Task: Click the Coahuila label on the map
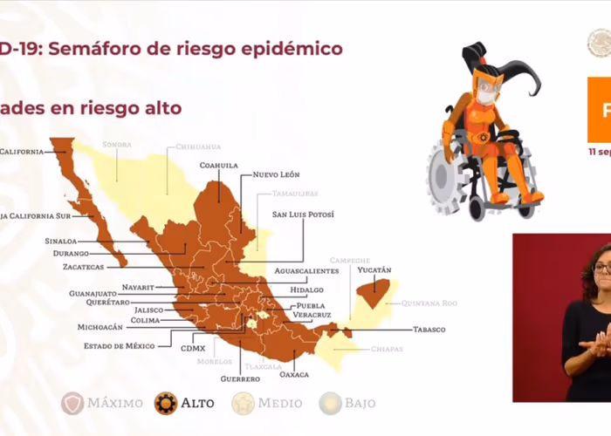[218, 164]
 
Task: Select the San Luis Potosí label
[303, 214]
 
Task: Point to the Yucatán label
[374, 270]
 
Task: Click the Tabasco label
[428, 330]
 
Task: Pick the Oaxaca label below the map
[295, 374]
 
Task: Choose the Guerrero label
[240, 379]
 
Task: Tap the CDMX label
[193, 348]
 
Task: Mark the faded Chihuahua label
[198, 146]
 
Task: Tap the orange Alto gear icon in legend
[166, 403]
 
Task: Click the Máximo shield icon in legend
[72, 403]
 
